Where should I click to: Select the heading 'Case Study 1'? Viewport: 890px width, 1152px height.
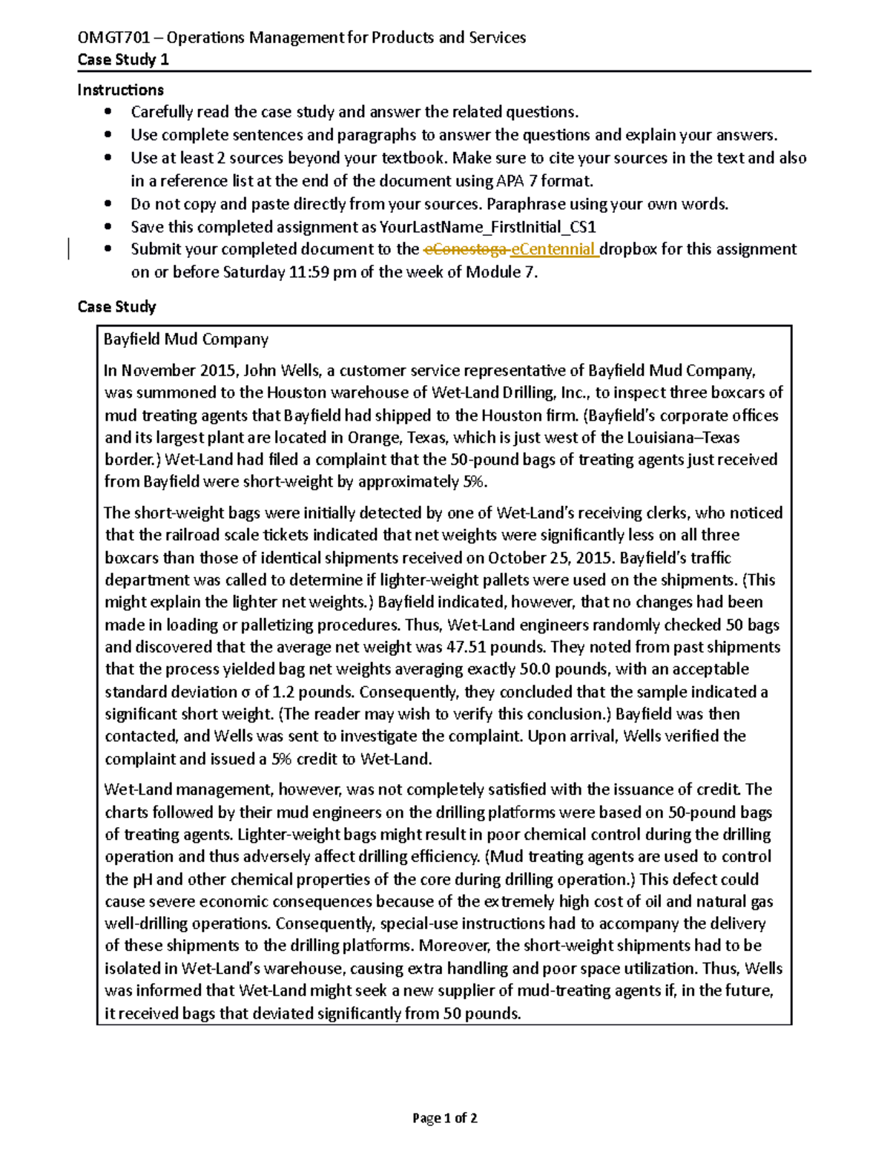(123, 60)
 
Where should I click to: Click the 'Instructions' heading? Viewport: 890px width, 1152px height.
(120, 90)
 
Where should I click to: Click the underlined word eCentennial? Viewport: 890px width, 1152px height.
(553, 249)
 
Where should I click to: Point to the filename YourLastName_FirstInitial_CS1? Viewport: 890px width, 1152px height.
(487, 227)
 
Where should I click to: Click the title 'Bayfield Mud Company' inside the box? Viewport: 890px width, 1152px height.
(185, 340)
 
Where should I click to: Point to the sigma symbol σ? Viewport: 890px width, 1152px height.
(245, 692)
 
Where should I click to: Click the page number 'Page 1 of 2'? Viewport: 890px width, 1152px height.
(444, 1118)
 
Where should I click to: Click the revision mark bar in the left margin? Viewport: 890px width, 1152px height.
(69, 249)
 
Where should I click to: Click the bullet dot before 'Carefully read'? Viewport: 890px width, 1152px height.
(108, 112)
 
